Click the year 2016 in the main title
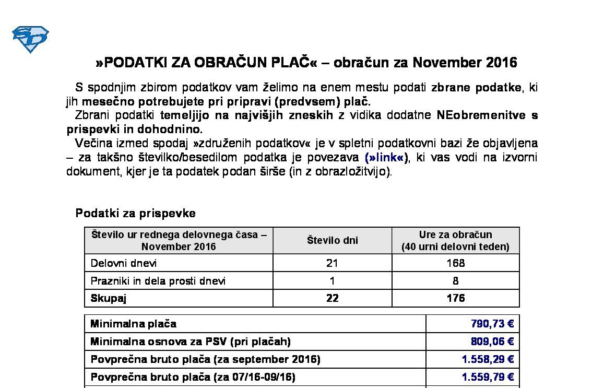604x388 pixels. point(501,63)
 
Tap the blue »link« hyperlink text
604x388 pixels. point(387,157)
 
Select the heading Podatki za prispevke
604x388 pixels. point(135,213)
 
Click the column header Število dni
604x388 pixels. point(332,241)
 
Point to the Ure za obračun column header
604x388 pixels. point(455,241)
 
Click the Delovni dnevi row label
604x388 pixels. point(124,263)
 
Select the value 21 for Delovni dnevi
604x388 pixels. point(332,263)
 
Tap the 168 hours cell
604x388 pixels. point(455,263)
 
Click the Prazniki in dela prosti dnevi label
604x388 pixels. point(158,281)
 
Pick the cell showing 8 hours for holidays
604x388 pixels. point(455,281)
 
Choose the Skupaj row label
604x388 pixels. point(109,298)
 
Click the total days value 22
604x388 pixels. point(332,298)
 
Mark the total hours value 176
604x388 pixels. point(455,298)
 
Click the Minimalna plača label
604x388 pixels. point(133,324)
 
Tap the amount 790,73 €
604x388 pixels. point(492,324)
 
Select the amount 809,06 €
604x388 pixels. point(492,342)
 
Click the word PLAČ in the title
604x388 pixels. point(291,63)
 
